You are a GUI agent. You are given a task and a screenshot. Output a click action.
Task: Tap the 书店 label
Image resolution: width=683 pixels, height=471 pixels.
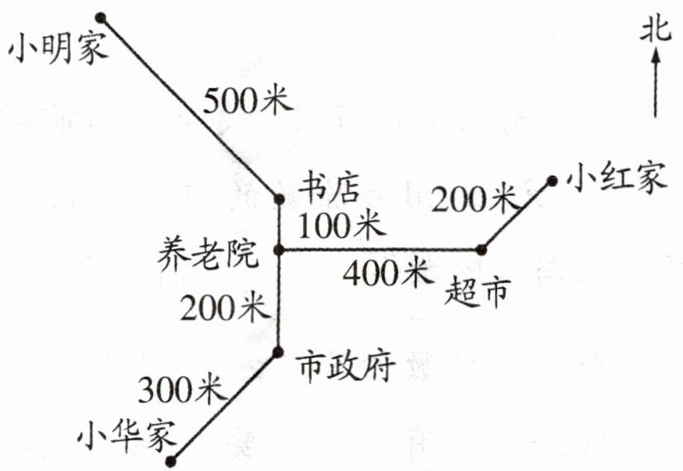pos(329,189)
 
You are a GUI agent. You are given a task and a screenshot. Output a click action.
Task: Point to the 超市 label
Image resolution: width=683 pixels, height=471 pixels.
pos(478,292)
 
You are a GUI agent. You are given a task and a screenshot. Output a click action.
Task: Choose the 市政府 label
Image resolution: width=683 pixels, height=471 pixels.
pos(345,367)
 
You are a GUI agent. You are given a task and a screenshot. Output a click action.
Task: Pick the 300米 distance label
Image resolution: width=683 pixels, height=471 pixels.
pos(180,389)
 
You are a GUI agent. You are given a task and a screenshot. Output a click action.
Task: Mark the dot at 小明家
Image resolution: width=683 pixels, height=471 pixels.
pos(100,16)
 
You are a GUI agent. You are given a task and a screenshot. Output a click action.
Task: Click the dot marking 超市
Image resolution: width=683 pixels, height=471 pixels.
pos(482,249)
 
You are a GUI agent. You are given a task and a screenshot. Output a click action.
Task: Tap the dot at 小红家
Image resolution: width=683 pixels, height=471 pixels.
pos(549,181)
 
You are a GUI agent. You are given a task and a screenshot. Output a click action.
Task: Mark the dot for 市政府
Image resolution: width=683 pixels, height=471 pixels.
pos(279,351)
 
